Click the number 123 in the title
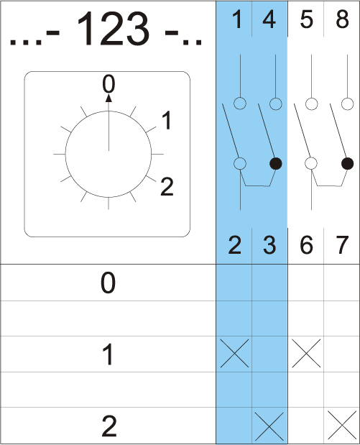(113, 28)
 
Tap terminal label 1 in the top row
(237, 19)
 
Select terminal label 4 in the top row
(269, 19)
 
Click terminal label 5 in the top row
(306, 19)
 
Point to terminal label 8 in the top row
(342, 19)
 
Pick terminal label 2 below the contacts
(234, 245)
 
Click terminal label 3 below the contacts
(269, 245)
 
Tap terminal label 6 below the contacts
(306, 245)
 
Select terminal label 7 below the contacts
(342, 245)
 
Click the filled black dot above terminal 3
(275, 163)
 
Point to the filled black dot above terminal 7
(347, 163)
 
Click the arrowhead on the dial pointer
(109, 98)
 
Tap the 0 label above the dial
(109, 84)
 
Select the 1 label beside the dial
(167, 120)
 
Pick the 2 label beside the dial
(167, 186)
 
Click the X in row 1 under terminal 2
(234, 353)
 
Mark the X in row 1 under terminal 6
(306, 353)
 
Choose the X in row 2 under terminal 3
(269, 426)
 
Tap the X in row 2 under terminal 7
(342, 425)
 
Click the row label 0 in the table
(108, 283)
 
